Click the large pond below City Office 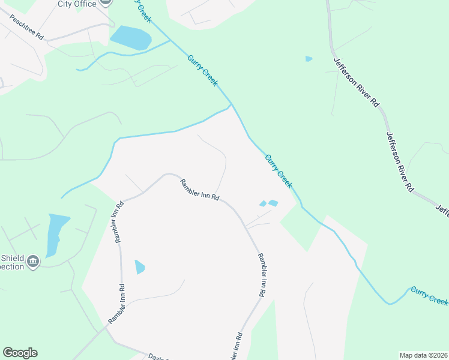[130, 37]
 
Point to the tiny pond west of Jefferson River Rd [309, 59]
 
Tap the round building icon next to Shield [33, 262]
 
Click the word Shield [11, 257]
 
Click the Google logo [20, 353]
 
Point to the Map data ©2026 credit [423, 355]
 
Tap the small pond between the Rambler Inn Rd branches [139, 266]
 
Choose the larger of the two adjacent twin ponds [273, 203]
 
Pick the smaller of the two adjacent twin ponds [262, 204]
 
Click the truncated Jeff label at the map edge [442, 211]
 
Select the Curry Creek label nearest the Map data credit [429, 295]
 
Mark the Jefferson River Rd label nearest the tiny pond [357, 82]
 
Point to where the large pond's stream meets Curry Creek [170, 40]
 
